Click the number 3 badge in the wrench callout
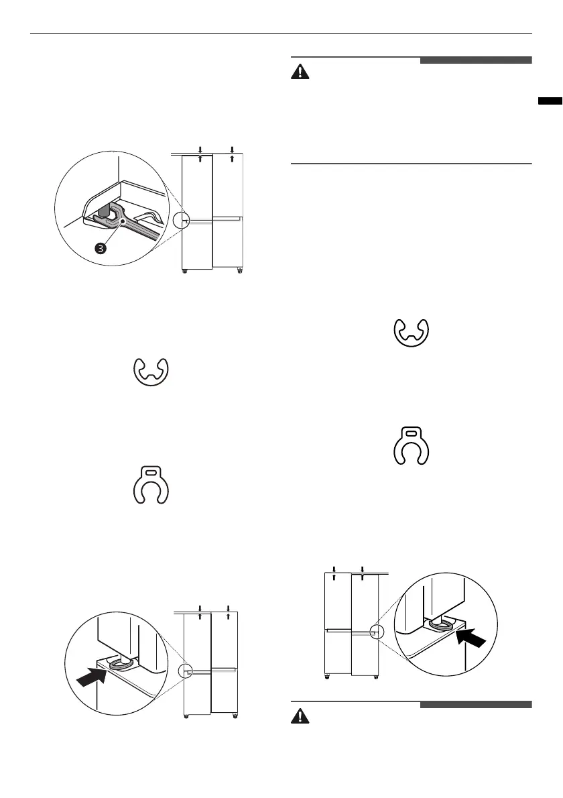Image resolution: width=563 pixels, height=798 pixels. point(100,248)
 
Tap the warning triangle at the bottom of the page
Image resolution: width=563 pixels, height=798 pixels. point(301,717)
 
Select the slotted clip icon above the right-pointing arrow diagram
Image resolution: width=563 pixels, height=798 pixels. point(152,482)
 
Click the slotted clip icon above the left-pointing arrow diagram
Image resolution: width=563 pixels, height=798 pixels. point(412,443)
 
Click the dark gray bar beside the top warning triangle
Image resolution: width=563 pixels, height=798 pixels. point(476,60)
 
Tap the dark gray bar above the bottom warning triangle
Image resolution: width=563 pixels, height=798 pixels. point(476,704)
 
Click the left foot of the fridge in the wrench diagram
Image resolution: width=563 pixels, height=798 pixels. point(186,271)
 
